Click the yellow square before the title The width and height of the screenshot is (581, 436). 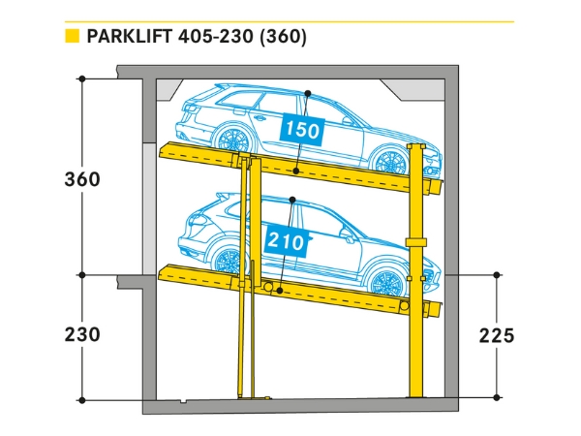coord(71,38)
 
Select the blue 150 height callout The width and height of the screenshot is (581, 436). coord(301,130)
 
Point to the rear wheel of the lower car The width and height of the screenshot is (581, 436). coord(229,261)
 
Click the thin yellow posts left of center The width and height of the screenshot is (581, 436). coord(248,329)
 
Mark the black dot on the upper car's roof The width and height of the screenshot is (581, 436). coord(307,93)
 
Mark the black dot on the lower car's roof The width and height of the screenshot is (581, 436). coord(292,202)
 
